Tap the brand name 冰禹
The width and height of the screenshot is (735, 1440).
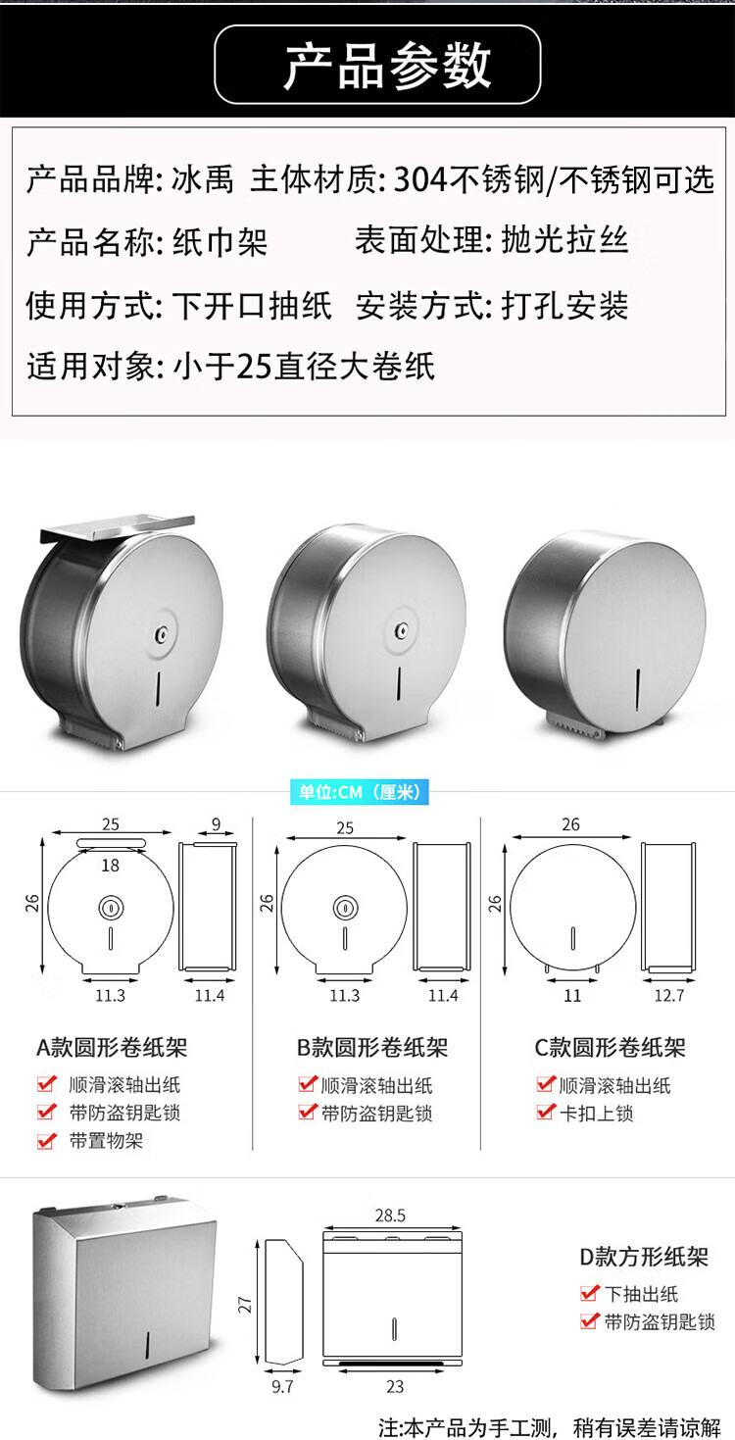pyautogui.click(x=203, y=179)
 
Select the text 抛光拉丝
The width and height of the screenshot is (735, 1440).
pyautogui.click(x=564, y=240)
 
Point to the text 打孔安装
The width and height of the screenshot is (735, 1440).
pyautogui.click(x=564, y=306)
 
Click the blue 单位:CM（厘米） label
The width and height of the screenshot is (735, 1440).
pyautogui.click(x=360, y=792)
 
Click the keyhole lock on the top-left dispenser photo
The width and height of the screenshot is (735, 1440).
pyautogui.click(x=160, y=635)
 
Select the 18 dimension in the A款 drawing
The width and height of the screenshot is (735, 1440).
pyautogui.click(x=110, y=866)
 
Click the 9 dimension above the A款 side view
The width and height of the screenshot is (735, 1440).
pyautogui.click(x=216, y=824)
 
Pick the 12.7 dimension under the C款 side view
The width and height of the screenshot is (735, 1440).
pyautogui.click(x=669, y=996)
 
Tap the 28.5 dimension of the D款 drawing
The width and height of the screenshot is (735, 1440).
pyautogui.click(x=391, y=1216)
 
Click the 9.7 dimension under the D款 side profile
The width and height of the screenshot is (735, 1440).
pyautogui.click(x=282, y=1387)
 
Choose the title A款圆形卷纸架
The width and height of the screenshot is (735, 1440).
pyautogui.click(x=112, y=1048)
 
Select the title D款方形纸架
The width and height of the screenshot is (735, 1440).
pyautogui.click(x=644, y=1257)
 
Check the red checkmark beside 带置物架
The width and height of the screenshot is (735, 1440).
pyautogui.click(x=46, y=1140)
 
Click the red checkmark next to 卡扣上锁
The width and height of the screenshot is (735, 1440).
pyautogui.click(x=546, y=1112)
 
